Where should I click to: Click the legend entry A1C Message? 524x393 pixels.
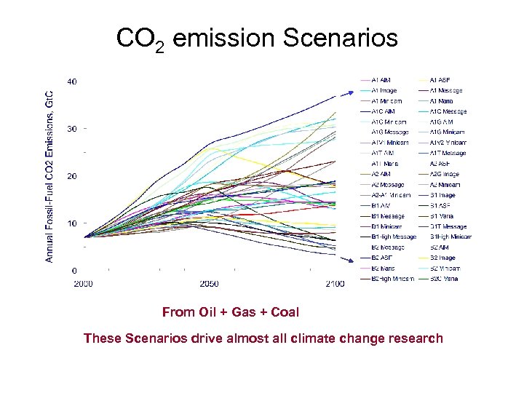pos(448,111)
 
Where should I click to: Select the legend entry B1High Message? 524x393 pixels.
pos(393,237)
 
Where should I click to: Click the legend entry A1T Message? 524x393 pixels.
pos(448,154)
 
